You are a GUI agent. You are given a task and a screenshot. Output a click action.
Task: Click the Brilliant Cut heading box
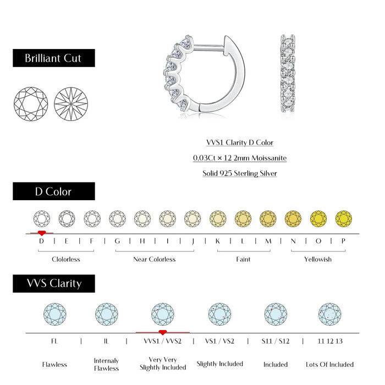coord(53,58)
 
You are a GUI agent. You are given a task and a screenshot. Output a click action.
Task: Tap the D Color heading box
coord(53,191)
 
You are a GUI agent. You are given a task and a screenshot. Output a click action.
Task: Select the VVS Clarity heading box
coord(53,283)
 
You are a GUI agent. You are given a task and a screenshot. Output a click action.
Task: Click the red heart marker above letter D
coord(42,233)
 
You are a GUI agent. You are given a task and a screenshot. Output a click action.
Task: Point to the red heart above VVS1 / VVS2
coord(162,332)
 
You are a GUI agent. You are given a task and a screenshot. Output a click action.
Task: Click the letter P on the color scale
coord(343,241)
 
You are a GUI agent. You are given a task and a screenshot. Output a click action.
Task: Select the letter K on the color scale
coord(218,241)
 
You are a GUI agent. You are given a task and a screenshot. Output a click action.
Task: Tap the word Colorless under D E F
coord(66,259)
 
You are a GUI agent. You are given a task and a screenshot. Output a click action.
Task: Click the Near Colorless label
coord(155,259)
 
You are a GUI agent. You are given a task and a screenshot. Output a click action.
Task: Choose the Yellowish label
coord(318,259)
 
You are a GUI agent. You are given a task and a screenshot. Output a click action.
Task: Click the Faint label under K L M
coord(243,259)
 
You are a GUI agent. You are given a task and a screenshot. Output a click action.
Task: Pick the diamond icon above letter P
coord(343,218)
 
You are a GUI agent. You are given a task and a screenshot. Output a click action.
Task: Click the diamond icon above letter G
coord(117,218)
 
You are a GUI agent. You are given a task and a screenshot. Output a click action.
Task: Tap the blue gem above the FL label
coord(54,314)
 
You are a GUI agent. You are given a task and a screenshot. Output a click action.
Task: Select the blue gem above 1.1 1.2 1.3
coord(330,314)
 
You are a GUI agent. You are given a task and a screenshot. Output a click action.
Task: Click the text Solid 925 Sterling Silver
coord(240,173)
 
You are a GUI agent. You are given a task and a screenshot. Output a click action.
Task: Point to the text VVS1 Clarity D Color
coord(240,142)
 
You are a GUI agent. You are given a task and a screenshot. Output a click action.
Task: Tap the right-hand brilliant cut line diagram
coord(71,103)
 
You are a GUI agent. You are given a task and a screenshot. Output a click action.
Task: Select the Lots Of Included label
coord(330,364)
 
